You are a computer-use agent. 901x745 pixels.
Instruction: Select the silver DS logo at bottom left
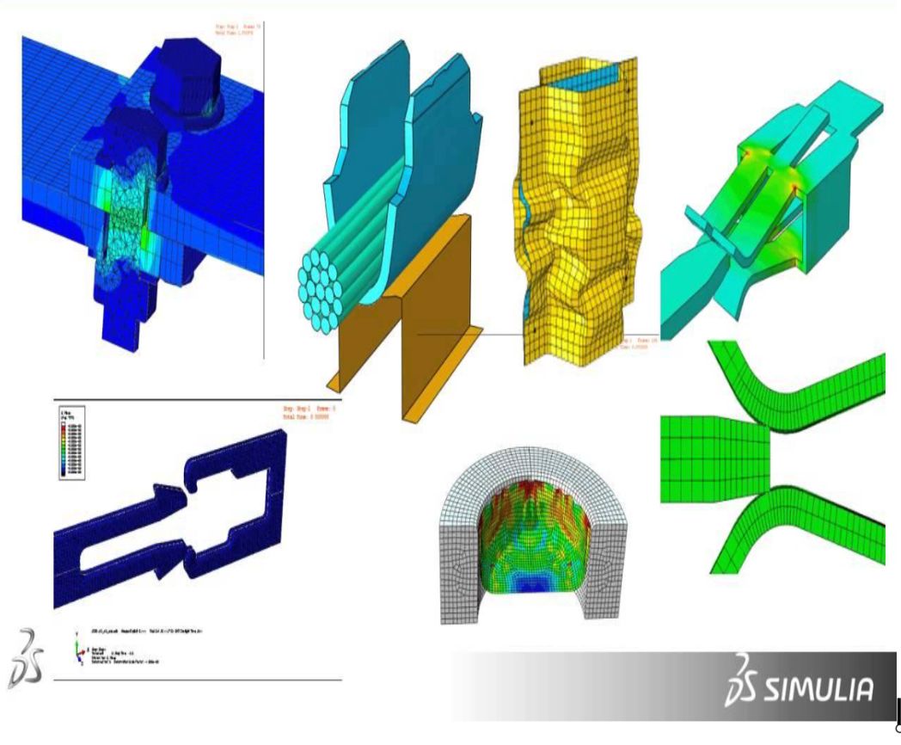pos(26,657)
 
